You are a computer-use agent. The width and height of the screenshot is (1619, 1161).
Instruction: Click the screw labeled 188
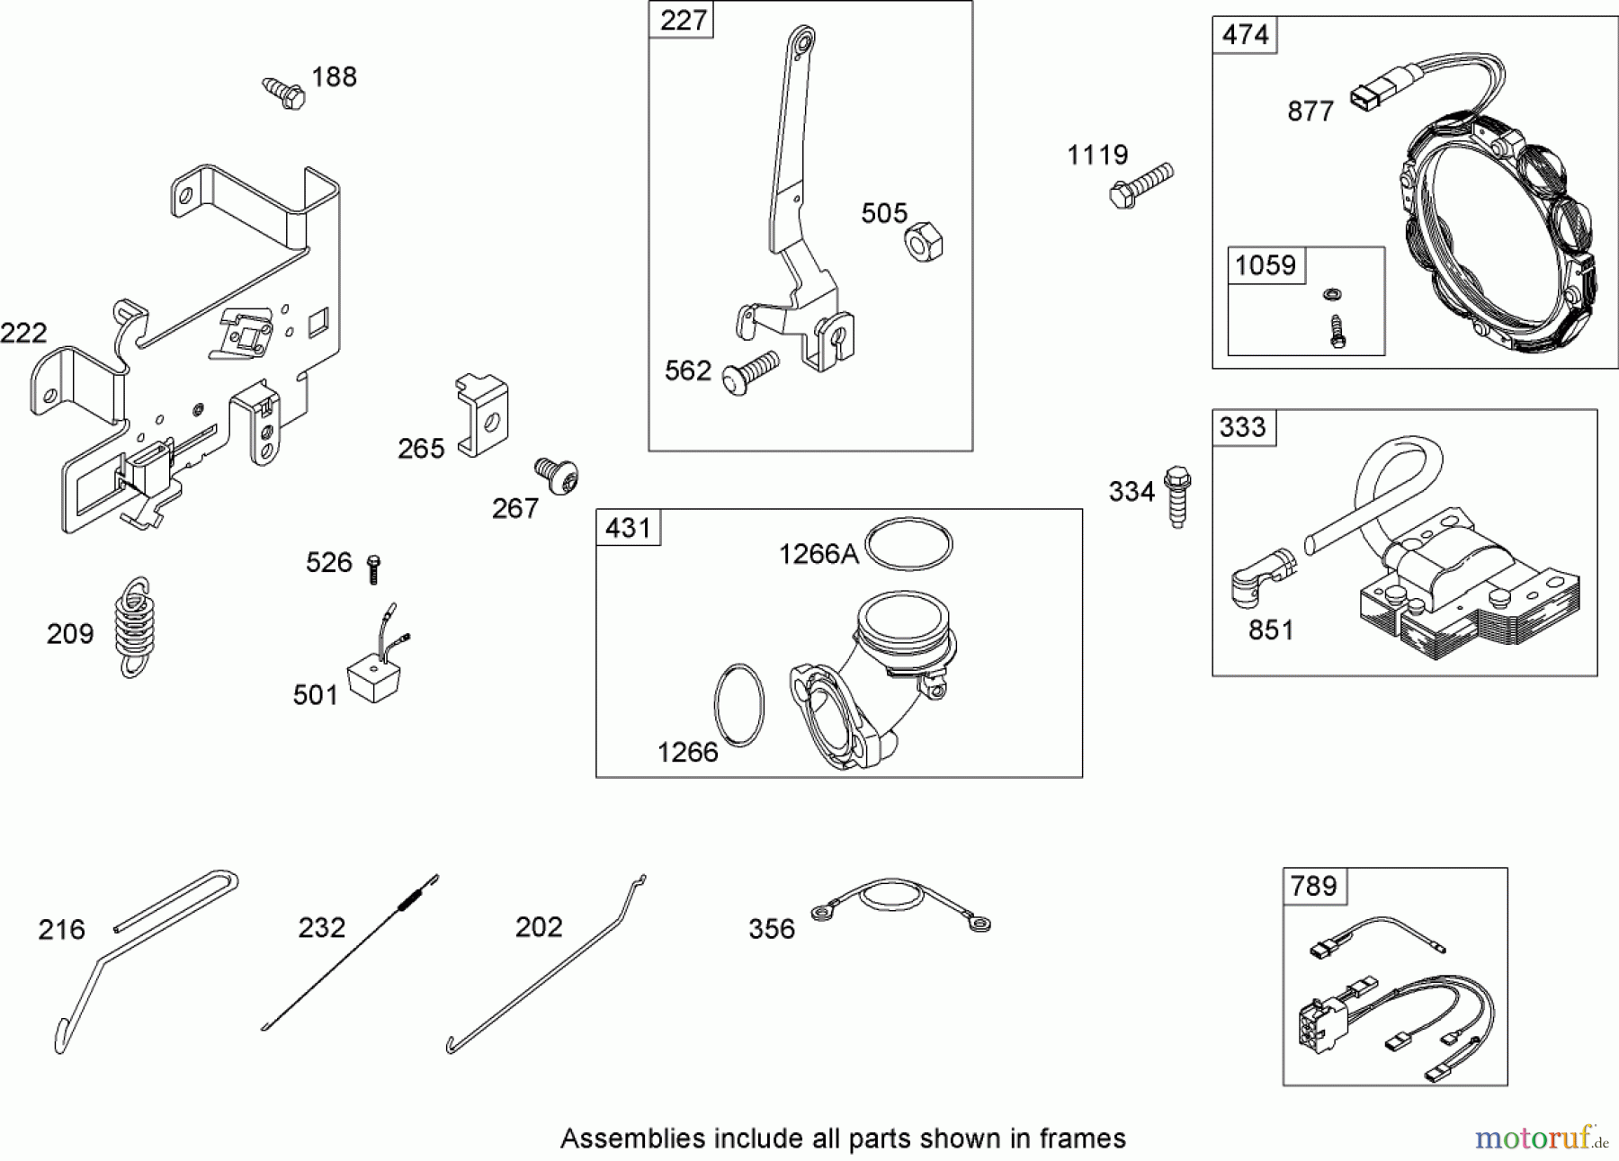tap(284, 93)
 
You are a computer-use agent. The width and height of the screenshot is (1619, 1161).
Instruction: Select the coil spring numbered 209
tap(134, 627)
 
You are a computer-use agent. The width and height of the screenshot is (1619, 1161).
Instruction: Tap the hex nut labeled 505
tap(923, 241)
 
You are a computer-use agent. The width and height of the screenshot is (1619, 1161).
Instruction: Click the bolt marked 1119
tap(1140, 184)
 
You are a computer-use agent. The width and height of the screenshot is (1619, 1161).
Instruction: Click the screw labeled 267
tap(557, 474)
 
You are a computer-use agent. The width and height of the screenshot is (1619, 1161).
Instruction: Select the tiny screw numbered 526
tap(374, 568)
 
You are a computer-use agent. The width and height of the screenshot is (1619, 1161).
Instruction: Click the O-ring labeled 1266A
tap(908, 543)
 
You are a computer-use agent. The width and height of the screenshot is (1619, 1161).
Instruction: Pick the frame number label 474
tap(1245, 35)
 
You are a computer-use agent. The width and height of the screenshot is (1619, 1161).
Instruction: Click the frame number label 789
tap(1313, 886)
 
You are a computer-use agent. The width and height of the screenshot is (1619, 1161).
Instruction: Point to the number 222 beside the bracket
tap(23, 334)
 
